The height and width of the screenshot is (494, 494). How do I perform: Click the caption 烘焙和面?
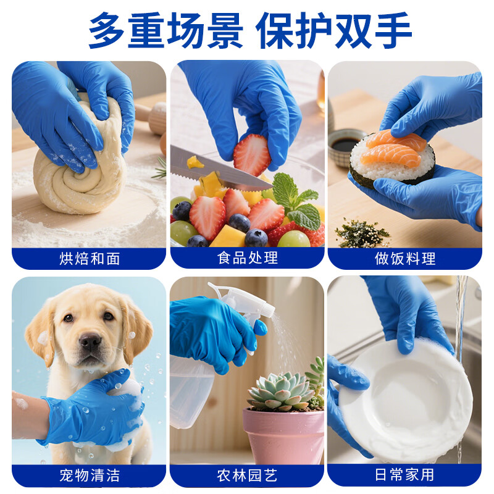tap(90, 258)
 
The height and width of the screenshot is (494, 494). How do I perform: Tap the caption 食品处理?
tap(248, 258)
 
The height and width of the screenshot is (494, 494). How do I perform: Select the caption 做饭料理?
tap(405, 258)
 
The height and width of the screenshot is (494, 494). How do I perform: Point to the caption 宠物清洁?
tap(90, 475)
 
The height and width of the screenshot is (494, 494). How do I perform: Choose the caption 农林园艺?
tap(248, 475)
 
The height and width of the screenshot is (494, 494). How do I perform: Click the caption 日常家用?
tap(405, 475)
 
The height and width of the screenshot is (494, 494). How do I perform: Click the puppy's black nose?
tap(90, 340)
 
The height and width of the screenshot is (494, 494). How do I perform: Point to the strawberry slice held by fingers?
tap(251, 154)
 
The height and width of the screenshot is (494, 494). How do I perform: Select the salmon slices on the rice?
tap(395, 148)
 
